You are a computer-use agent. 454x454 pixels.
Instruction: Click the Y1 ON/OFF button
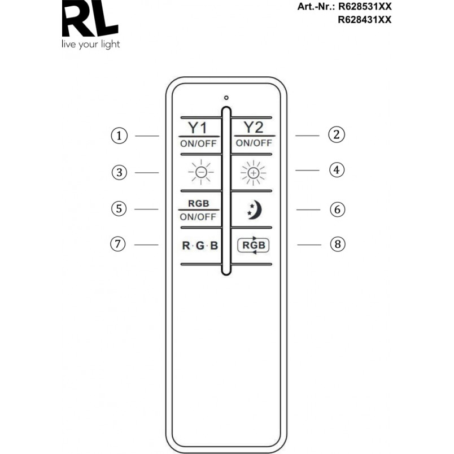(199, 135)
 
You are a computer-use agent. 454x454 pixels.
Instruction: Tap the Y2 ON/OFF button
(255, 134)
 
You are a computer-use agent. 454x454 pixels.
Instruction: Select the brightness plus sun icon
(254, 173)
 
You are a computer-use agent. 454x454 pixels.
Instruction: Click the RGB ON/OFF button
(199, 210)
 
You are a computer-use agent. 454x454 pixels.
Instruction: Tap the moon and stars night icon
(255, 209)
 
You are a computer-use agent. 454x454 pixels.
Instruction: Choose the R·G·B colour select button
(200, 246)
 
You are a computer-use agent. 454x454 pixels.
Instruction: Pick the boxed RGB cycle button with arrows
(254, 245)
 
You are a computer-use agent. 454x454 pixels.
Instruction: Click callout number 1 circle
(119, 136)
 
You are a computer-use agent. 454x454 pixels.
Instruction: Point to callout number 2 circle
(337, 134)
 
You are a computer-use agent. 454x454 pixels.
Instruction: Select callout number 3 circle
(119, 173)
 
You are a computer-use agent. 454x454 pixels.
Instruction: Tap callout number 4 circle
(337, 170)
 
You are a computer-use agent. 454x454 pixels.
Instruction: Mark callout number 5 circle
(119, 209)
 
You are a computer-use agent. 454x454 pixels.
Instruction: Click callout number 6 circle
(338, 209)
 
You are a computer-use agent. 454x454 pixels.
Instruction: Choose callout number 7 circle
(118, 244)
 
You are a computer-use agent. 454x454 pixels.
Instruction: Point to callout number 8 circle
(338, 244)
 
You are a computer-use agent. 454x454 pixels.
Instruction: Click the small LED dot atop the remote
(226, 98)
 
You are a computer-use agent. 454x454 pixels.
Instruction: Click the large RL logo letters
(90, 18)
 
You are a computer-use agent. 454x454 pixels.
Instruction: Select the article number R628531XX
(365, 6)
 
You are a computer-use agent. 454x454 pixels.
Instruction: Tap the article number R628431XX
(365, 20)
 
